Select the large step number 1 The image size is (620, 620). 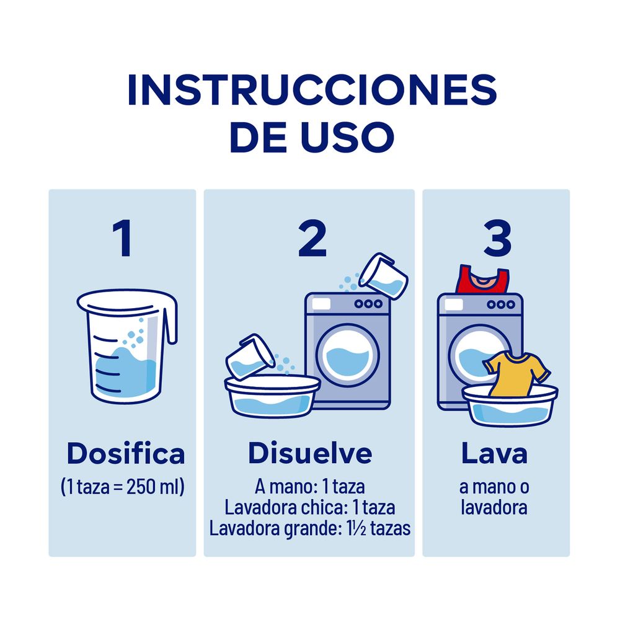click(122, 239)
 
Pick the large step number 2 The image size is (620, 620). click(312, 239)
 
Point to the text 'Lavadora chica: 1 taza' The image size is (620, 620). click(310, 508)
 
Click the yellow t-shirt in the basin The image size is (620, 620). click(516, 373)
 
